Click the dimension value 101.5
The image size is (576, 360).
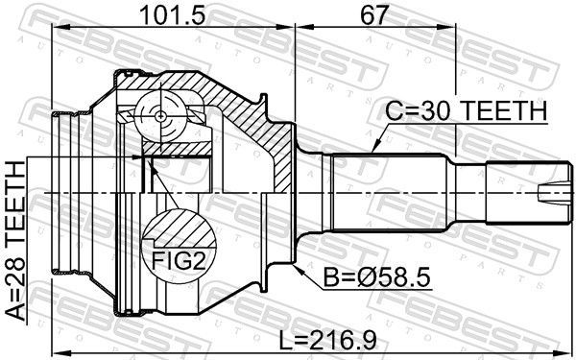(173, 14)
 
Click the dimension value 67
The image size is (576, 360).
(374, 14)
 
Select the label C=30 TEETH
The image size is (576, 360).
(467, 110)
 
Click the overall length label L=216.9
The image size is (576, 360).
(327, 341)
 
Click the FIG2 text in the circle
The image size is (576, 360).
(179, 261)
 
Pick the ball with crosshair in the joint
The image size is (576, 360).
(161, 116)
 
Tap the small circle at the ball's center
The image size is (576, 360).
(161, 116)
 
